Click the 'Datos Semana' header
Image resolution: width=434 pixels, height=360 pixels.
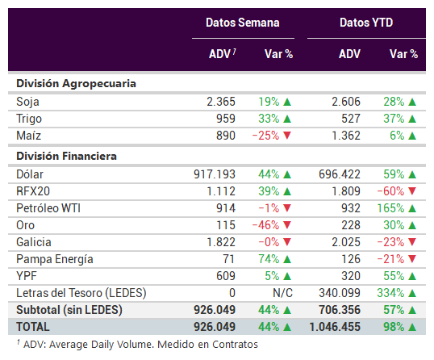point(243,23)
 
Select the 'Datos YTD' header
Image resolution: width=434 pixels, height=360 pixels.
point(366,23)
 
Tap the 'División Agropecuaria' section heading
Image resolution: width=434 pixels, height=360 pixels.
point(76,84)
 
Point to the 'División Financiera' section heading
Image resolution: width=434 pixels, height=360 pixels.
point(66,156)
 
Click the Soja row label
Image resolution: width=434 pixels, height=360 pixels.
point(27,102)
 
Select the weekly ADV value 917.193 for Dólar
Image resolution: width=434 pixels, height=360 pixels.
point(215,174)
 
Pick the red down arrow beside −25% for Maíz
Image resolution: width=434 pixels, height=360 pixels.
point(287,136)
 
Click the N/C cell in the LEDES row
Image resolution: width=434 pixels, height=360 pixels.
point(282,293)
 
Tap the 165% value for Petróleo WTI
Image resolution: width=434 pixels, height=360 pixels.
point(390,208)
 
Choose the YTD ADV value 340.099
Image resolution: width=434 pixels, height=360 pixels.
point(340,293)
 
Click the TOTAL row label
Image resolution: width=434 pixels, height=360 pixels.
point(33,327)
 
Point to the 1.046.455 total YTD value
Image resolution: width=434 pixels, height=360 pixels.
point(335,327)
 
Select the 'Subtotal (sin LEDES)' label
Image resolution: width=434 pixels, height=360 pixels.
point(69,310)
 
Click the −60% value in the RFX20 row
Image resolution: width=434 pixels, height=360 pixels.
point(390,191)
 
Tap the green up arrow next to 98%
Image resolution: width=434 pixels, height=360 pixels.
point(412,327)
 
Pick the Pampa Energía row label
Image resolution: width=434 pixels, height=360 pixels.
point(55,259)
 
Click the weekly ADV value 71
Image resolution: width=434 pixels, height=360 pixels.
point(229,259)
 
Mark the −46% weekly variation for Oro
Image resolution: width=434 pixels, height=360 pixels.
point(265,225)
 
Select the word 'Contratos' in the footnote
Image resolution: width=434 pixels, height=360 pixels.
point(235,345)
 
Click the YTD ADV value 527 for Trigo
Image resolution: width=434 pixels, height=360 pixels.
point(351,119)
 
